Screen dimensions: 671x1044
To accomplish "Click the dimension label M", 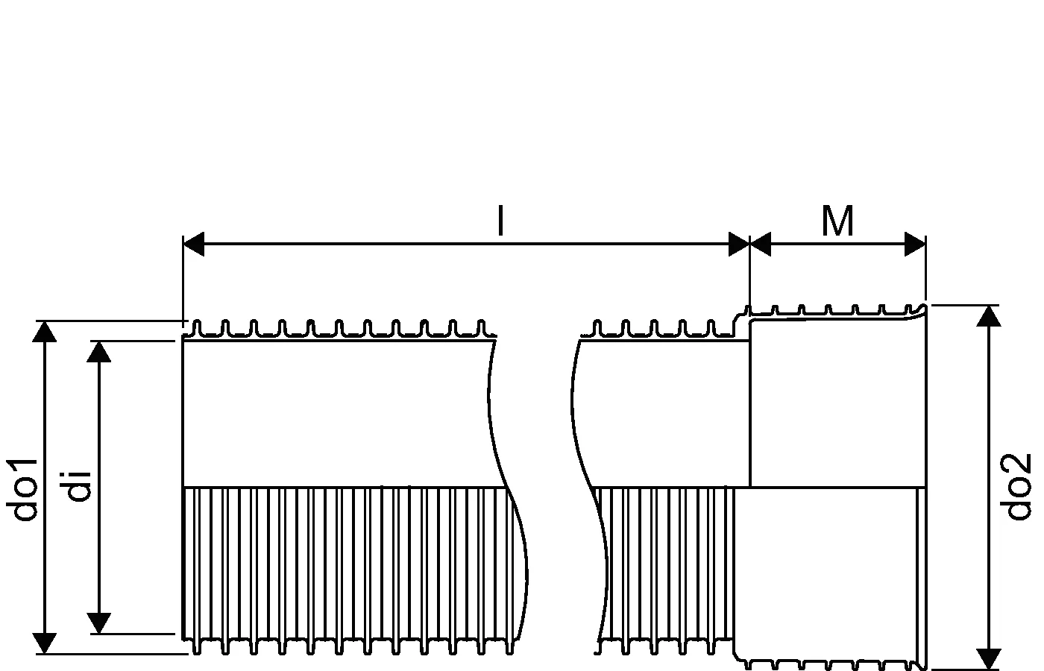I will (x=837, y=221).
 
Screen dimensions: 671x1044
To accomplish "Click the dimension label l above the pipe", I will (x=500, y=221).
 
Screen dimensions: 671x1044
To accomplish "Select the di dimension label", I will (x=78, y=485).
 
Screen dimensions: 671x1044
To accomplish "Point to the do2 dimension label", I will (x=1016, y=487).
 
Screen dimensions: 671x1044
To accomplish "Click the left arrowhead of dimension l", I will (x=194, y=244).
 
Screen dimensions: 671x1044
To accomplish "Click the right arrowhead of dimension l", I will (x=739, y=244).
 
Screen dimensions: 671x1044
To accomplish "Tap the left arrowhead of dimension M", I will (x=760, y=244).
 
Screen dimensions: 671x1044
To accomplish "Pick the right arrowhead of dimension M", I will (x=915, y=244).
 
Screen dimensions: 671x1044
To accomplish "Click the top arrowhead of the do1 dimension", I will (x=45, y=331).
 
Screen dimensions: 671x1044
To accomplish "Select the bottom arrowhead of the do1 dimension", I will (x=45, y=643).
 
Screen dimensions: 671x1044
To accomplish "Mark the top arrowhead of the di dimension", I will (x=99, y=351).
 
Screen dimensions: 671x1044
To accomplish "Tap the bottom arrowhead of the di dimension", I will (x=99, y=623).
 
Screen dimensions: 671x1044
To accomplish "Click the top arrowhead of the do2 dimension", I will (x=989, y=315).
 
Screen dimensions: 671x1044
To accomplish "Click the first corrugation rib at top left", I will (x=197, y=327).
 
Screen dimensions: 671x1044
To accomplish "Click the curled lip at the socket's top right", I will (x=922, y=309).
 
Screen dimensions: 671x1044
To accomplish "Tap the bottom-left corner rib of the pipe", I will (x=197, y=646).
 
